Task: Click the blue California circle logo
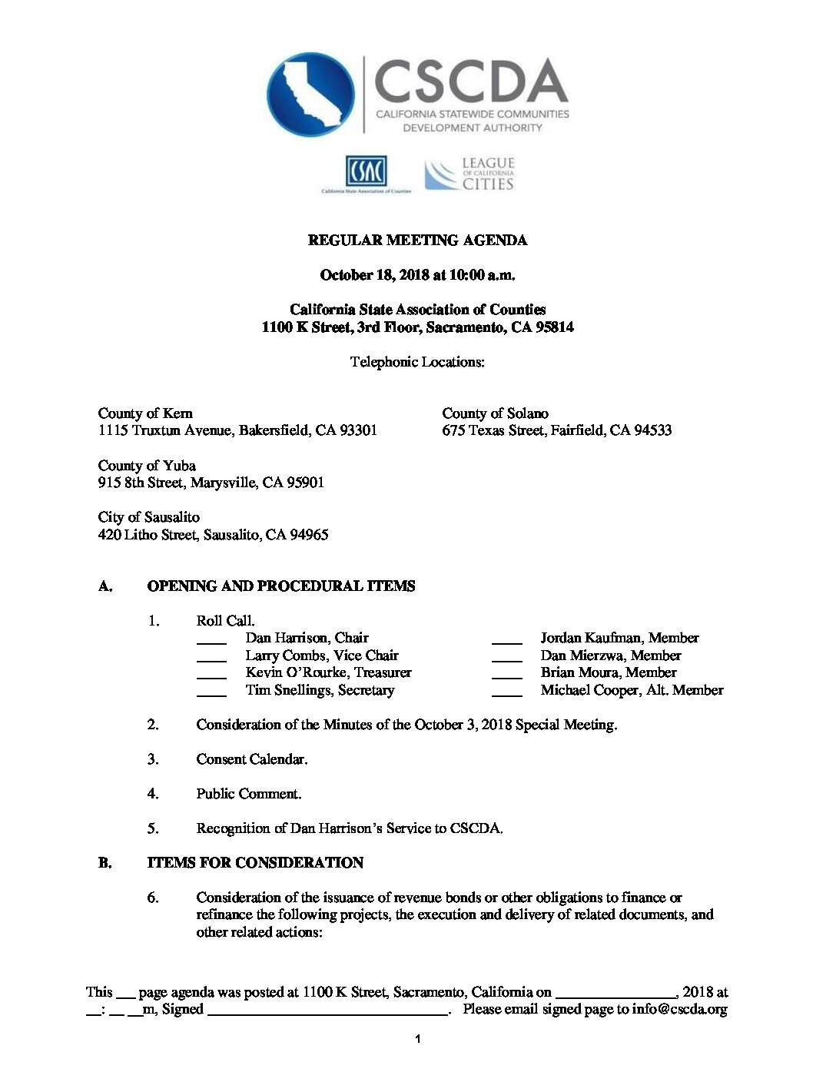(x=311, y=95)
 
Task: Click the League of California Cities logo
(x=469, y=174)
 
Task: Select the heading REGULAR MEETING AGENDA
(x=417, y=241)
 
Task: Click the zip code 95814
(x=553, y=327)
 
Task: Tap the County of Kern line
(x=145, y=413)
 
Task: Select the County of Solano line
(x=495, y=413)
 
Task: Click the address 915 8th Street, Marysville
(x=211, y=483)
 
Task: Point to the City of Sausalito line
(x=148, y=517)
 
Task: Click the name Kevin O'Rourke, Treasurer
(x=328, y=672)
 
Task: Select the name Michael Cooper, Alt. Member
(x=632, y=690)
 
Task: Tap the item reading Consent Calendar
(x=252, y=759)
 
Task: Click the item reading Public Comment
(x=249, y=794)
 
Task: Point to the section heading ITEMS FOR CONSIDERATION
(x=255, y=863)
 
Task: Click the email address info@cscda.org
(x=679, y=1009)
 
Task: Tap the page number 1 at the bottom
(x=417, y=1040)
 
